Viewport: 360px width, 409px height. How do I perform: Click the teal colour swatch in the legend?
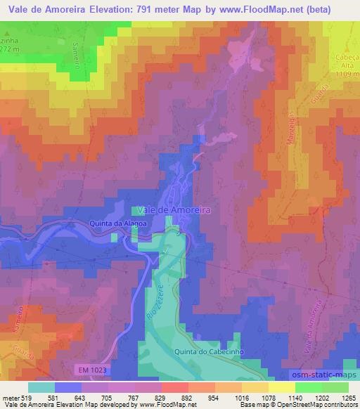pos(42,387)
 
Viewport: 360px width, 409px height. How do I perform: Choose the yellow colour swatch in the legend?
pos(282,387)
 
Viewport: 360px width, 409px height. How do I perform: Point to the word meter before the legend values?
pos(13,398)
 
